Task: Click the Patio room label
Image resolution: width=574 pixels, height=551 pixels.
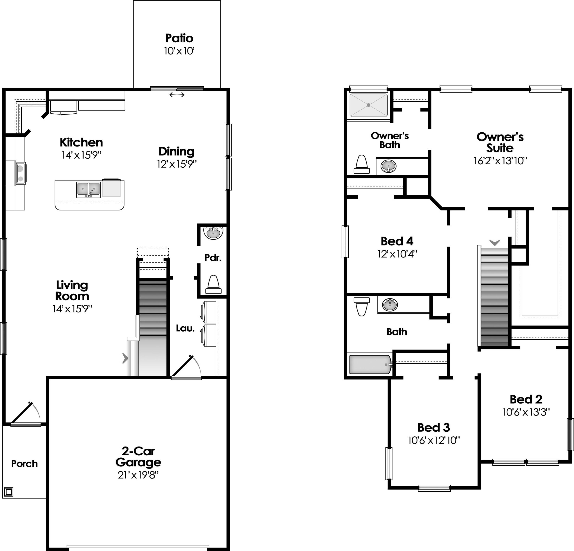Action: (179, 38)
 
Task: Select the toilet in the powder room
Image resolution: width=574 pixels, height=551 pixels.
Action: (213, 284)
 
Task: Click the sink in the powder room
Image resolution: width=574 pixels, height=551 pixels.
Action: (213, 233)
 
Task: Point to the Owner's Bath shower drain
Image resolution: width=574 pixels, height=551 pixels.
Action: (369, 105)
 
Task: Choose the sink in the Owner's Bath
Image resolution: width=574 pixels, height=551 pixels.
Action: (388, 166)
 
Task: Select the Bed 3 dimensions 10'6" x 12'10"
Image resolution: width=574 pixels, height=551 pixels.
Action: (434, 440)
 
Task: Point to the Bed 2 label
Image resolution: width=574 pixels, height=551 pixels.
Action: (526, 399)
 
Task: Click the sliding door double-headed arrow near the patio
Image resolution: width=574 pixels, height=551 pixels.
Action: (177, 95)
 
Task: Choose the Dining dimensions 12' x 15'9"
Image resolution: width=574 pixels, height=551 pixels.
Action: (177, 164)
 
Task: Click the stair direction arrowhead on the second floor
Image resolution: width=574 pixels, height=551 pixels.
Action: (495, 242)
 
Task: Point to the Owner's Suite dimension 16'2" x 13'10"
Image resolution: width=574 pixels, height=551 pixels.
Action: (500, 161)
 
